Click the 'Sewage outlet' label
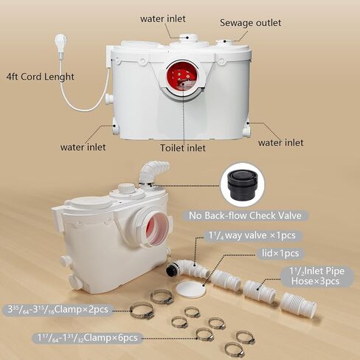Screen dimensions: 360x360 coord(250,23)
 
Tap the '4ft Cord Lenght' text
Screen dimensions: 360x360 coord(40,77)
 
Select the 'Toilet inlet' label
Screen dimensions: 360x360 coord(183,148)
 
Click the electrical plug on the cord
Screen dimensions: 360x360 coord(61,42)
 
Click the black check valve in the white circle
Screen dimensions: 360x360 coord(243,184)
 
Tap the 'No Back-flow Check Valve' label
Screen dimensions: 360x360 coord(245,215)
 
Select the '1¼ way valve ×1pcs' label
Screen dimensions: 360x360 coord(252,235)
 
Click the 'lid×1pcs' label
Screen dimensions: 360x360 coord(280,253)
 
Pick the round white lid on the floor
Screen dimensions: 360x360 coord(190,290)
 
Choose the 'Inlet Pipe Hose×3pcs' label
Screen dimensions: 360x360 coord(317,276)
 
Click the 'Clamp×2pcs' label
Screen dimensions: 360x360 coord(58,309)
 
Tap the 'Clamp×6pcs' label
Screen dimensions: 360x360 coord(87,338)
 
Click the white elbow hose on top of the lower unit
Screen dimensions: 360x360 coord(152,172)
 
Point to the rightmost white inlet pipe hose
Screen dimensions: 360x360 coord(298,305)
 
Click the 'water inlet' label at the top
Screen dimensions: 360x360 coord(163,19)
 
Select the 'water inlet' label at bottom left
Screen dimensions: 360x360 coord(83,148)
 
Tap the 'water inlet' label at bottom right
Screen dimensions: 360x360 coord(281,142)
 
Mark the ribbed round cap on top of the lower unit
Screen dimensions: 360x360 coord(127,189)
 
